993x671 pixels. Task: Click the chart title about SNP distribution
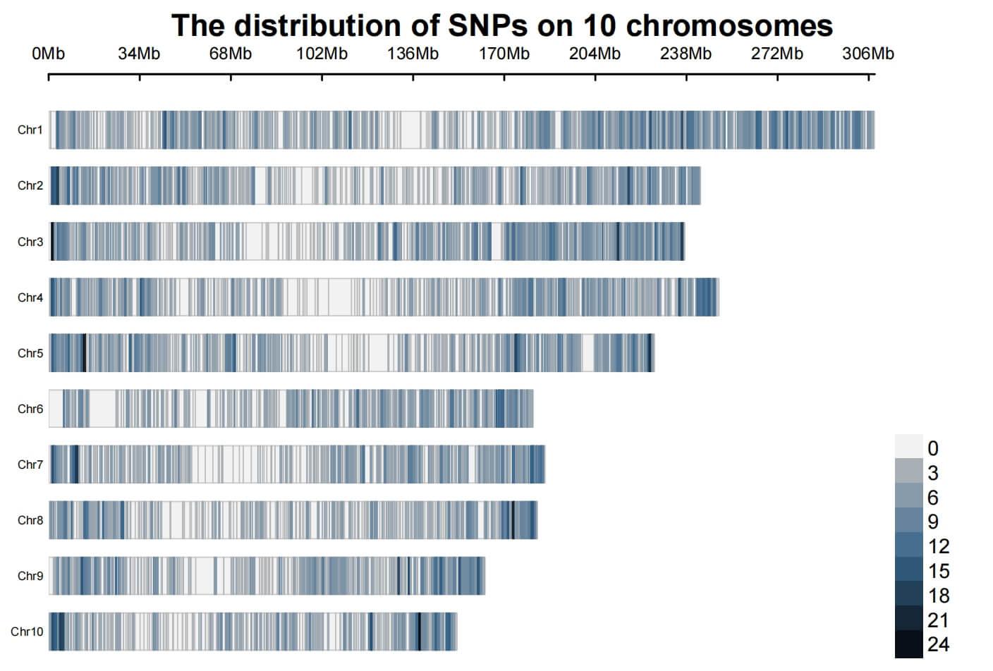[x=501, y=25]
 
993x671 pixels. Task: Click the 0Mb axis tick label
[x=48, y=54]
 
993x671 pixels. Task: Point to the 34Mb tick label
[x=139, y=54]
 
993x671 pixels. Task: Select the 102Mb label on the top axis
[x=322, y=54]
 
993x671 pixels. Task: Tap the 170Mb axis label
[x=504, y=54]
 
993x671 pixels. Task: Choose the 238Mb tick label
[x=686, y=54]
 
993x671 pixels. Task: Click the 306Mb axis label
[x=867, y=54]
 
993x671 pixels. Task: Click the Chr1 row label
[x=30, y=130]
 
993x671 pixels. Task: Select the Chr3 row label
[x=30, y=242]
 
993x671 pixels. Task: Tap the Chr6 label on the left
[x=30, y=409]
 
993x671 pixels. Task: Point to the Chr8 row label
[x=30, y=520]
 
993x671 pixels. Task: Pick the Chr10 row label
[x=27, y=632]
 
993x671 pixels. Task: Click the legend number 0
[x=933, y=448]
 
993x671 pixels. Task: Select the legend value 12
[x=938, y=546]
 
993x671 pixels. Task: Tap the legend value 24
[x=938, y=644]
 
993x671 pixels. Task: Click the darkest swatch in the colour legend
[x=908, y=644]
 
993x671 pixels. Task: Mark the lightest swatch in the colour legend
[x=908, y=447]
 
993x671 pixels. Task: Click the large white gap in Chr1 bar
[x=411, y=130]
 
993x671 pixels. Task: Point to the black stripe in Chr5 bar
[x=85, y=352]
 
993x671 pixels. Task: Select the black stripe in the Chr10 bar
[x=420, y=632]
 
